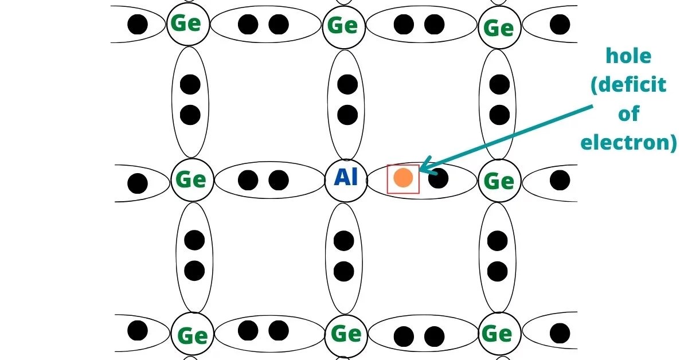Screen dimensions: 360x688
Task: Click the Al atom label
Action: tap(346, 178)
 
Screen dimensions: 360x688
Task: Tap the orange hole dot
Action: tap(403, 178)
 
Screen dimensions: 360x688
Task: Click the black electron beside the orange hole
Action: tap(438, 179)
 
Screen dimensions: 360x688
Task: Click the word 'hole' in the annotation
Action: tap(629, 56)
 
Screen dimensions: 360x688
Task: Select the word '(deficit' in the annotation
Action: tap(628, 85)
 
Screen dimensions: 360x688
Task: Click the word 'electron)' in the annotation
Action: tap(628, 142)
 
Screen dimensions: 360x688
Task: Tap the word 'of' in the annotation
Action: tap(628, 114)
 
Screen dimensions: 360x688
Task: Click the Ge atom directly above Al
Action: tap(343, 26)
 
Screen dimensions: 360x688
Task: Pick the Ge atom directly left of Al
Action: tap(191, 179)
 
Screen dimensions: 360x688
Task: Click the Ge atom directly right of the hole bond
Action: tap(498, 181)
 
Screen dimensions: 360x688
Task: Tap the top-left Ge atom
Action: tap(187, 24)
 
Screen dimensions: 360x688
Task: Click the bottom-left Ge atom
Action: tap(192, 335)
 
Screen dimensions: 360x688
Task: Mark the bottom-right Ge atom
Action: tap(497, 334)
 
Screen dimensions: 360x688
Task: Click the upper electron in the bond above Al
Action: tap(347, 85)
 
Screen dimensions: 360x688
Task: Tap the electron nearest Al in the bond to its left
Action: tap(279, 180)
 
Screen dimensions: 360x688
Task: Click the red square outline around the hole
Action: tap(403, 166)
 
